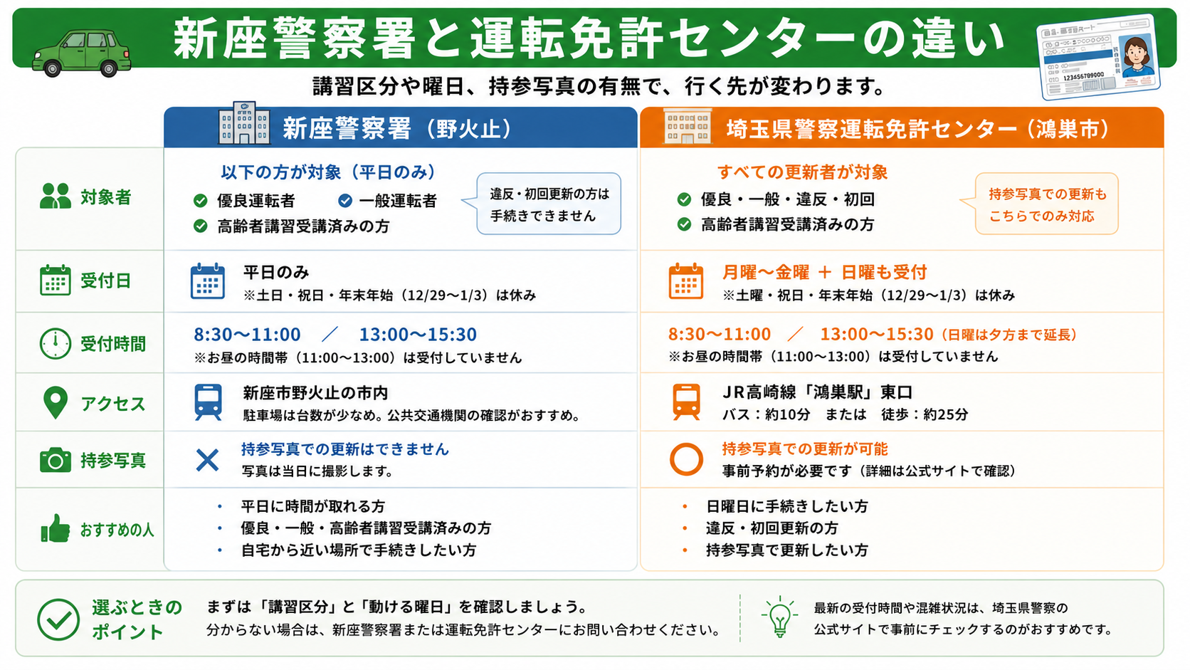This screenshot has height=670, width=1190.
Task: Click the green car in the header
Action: click(x=81, y=53)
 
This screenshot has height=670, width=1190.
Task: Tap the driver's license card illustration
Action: click(x=1099, y=58)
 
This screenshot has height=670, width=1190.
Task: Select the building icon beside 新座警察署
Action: click(x=244, y=122)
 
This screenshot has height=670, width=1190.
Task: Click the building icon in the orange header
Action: click(x=687, y=127)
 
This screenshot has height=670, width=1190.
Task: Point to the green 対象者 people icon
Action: click(x=56, y=196)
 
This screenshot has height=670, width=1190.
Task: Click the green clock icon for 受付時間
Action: click(x=56, y=344)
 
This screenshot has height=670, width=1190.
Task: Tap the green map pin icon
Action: click(x=56, y=403)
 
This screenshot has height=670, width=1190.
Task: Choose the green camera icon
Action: click(x=56, y=459)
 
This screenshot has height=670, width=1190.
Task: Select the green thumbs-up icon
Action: click(x=56, y=528)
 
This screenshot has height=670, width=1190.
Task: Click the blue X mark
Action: click(x=207, y=460)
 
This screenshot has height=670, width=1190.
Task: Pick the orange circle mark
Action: click(x=686, y=459)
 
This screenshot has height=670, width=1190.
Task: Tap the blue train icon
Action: click(x=209, y=402)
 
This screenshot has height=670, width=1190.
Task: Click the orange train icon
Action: click(x=686, y=402)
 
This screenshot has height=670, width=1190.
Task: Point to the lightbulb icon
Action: click(x=780, y=617)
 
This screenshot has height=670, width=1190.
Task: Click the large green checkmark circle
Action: click(x=58, y=619)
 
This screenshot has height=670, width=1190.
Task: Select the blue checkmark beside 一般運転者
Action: click(x=345, y=200)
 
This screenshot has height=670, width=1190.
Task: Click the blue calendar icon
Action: click(x=208, y=281)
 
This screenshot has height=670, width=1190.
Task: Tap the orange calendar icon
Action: click(x=686, y=281)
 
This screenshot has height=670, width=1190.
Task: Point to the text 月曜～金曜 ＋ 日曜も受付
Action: click(x=824, y=273)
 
